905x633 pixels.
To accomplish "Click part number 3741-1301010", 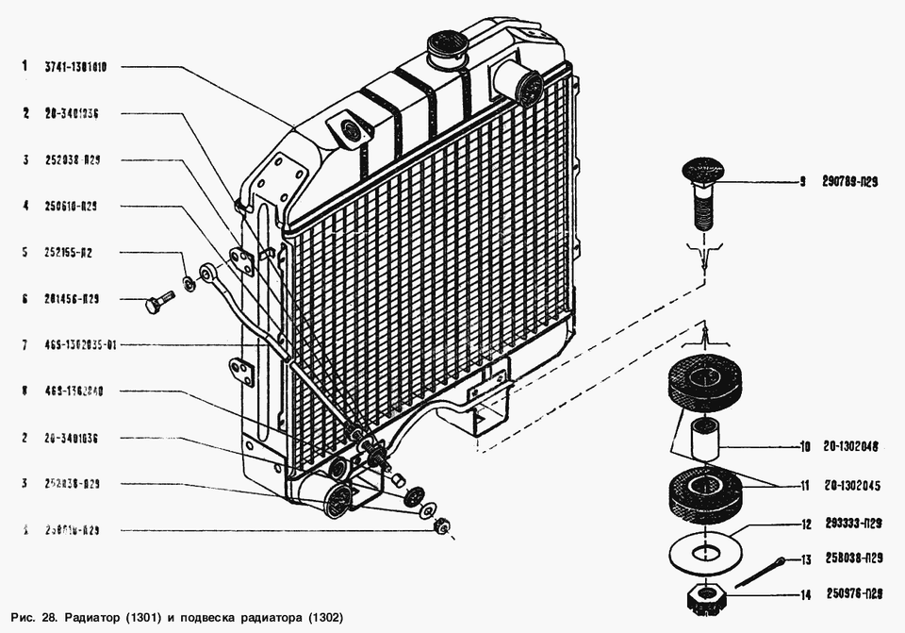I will pos(74,68).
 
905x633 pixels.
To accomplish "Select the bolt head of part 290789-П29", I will pos(702,174).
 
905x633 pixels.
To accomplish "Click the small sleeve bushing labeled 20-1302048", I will pos(704,438).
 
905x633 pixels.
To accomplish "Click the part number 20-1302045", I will pos(851,487).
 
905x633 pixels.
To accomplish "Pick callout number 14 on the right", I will pos(805,594).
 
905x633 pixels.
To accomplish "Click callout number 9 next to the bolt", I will pos(802,182).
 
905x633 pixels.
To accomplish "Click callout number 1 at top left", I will pos(26,68).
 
